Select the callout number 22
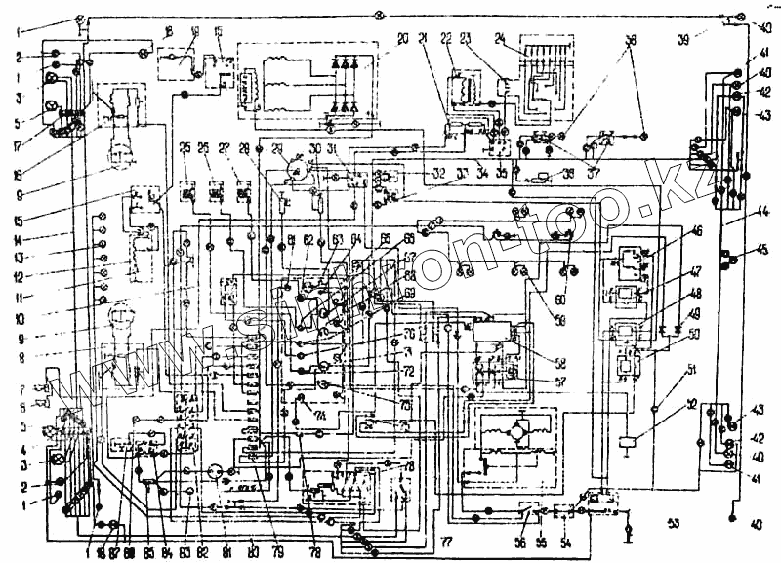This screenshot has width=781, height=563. [x=446, y=38]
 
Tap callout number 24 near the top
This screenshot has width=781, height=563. [x=501, y=38]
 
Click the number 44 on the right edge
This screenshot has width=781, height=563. [x=763, y=210]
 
